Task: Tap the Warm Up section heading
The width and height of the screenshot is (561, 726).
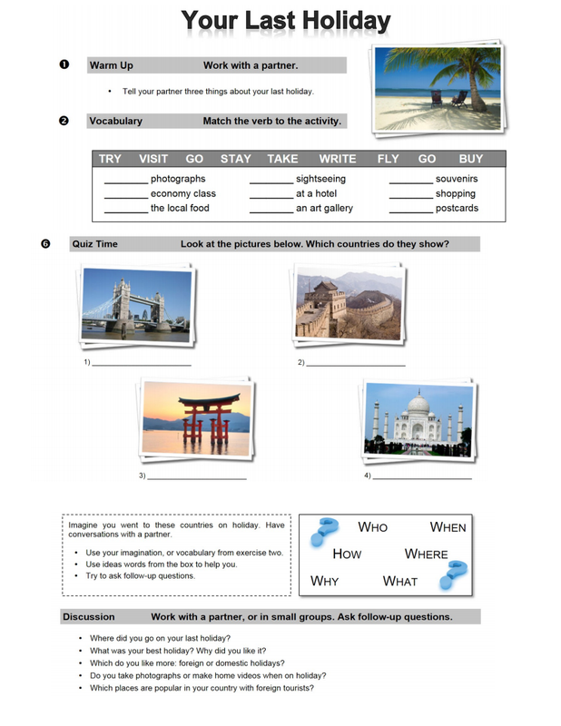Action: (x=111, y=65)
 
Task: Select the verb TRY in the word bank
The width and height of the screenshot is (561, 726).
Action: (x=110, y=159)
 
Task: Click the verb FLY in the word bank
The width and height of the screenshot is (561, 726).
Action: (x=388, y=159)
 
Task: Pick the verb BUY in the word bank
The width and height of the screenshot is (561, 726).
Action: (x=470, y=159)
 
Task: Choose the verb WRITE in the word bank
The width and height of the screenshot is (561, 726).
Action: (x=337, y=159)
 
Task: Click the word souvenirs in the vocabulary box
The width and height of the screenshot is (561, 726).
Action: (x=456, y=179)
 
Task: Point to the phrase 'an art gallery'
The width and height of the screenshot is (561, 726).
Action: (x=324, y=208)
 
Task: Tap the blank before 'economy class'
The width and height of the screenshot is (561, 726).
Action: (x=125, y=195)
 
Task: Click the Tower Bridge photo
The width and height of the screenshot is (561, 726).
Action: (x=136, y=304)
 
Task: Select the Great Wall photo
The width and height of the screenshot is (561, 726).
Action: (x=349, y=305)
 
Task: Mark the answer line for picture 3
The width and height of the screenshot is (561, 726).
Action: (x=197, y=477)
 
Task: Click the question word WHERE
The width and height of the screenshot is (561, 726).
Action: (x=426, y=554)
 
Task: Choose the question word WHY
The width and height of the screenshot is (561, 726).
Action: (x=324, y=581)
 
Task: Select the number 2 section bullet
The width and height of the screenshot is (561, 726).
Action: (x=64, y=121)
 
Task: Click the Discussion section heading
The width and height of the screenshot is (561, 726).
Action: (x=89, y=617)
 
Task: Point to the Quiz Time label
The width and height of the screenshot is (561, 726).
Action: (x=94, y=243)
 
